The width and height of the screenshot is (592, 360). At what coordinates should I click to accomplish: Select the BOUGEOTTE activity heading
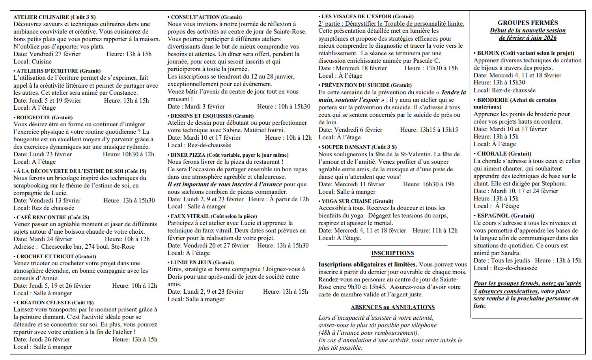coord(34,117)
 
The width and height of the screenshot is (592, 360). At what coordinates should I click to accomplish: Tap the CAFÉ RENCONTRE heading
coord(41,217)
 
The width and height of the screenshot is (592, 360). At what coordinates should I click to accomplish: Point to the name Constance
coord(124,93)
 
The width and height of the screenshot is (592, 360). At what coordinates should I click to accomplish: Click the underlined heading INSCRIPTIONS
coord(392,253)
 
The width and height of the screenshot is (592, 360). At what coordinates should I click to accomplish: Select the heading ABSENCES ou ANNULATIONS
coord(392,307)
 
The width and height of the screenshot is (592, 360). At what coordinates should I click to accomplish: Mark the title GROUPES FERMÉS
coord(528,23)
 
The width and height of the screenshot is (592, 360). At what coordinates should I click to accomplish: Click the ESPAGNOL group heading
coord(493,216)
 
